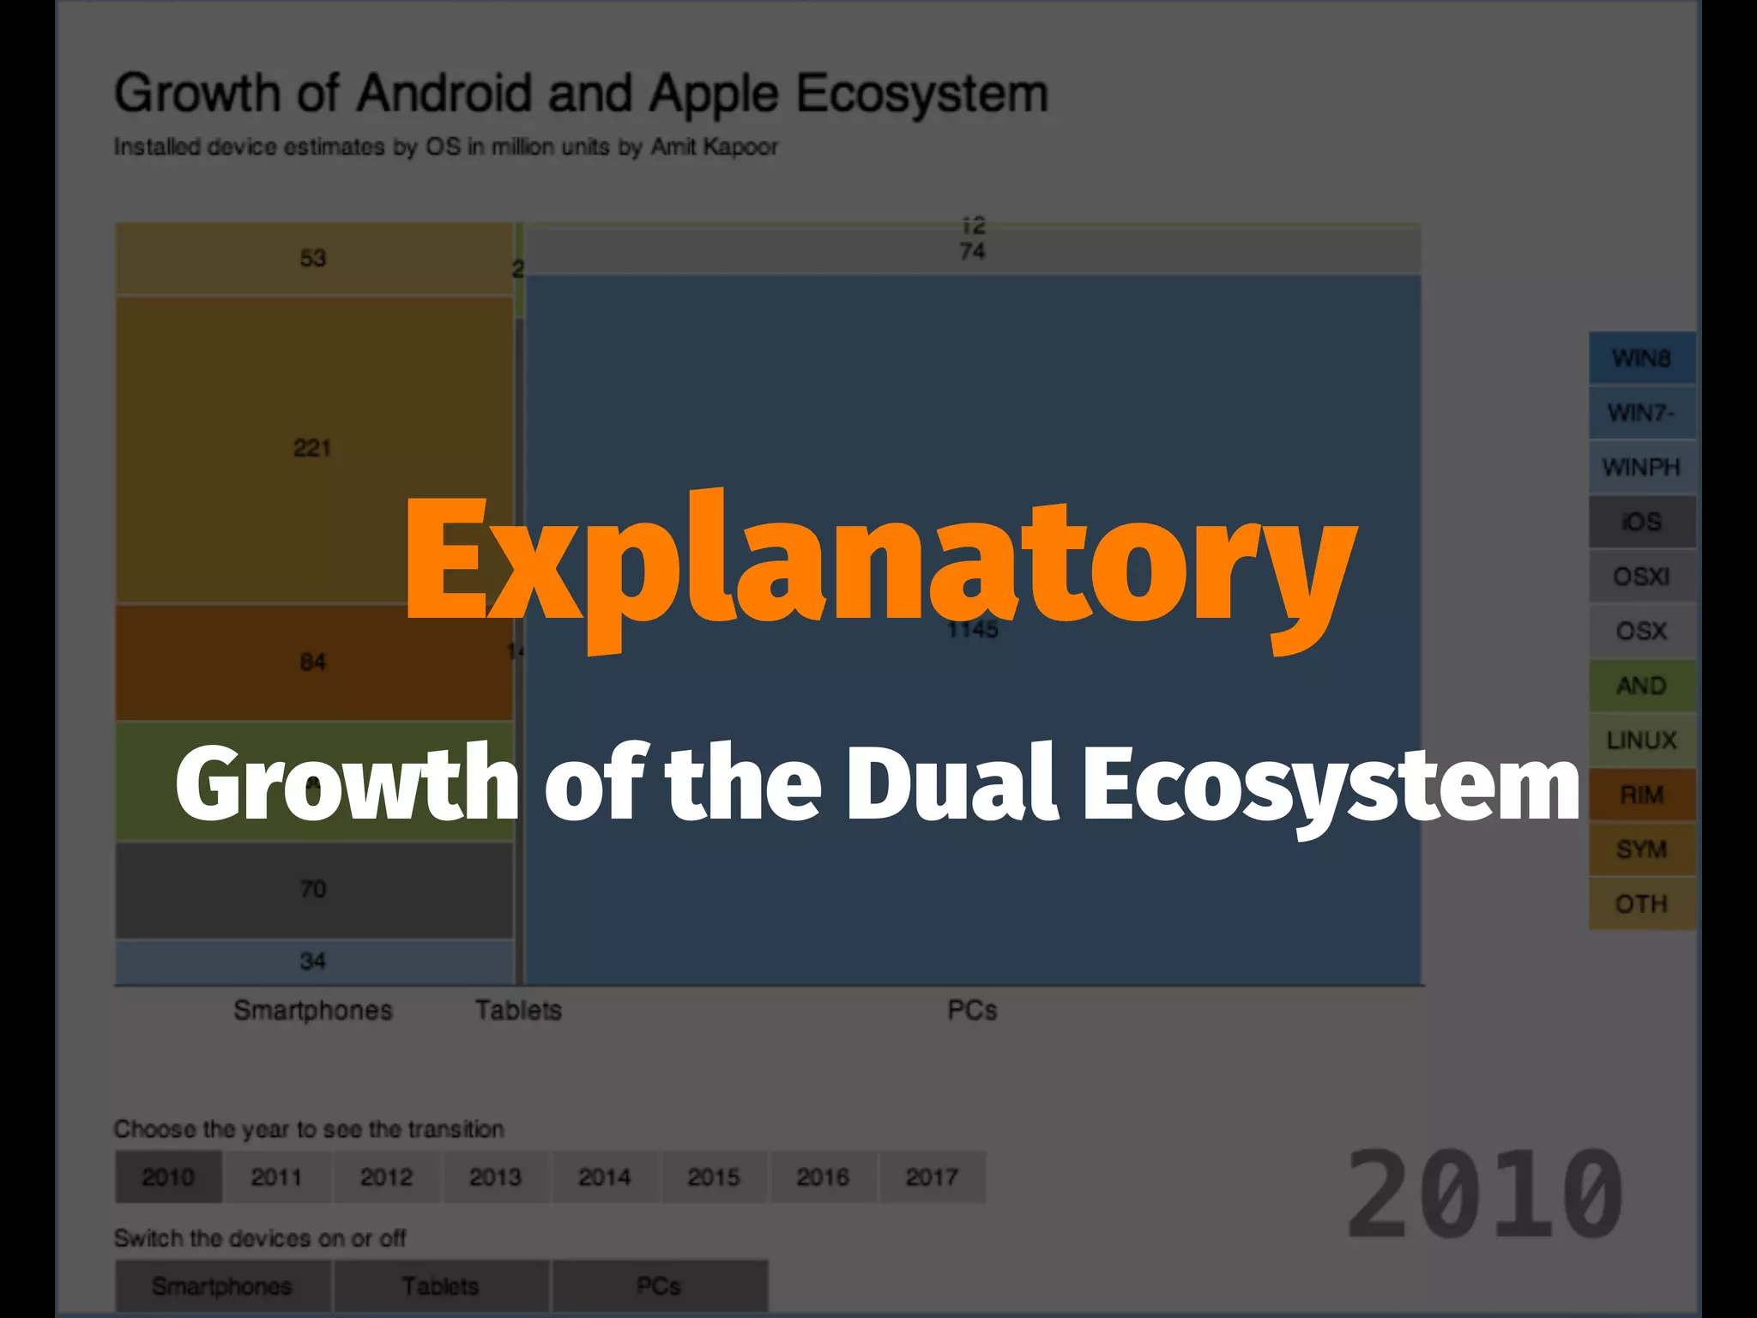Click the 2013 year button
point(495,1177)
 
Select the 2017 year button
point(932,1177)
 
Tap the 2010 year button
point(168,1177)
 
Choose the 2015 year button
point(714,1177)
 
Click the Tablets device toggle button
point(441,1286)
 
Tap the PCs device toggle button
point(659,1286)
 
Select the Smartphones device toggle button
point(222,1286)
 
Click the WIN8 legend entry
point(1641,358)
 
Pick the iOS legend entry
point(1641,522)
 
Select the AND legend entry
point(1641,686)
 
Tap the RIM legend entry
point(1641,795)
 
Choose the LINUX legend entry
point(1641,740)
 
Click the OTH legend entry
point(1641,904)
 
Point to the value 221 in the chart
point(312,448)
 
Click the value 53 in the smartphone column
point(313,258)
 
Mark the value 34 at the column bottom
point(313,961)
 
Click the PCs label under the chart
point(972,1011)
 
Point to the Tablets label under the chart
point(518,1011)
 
